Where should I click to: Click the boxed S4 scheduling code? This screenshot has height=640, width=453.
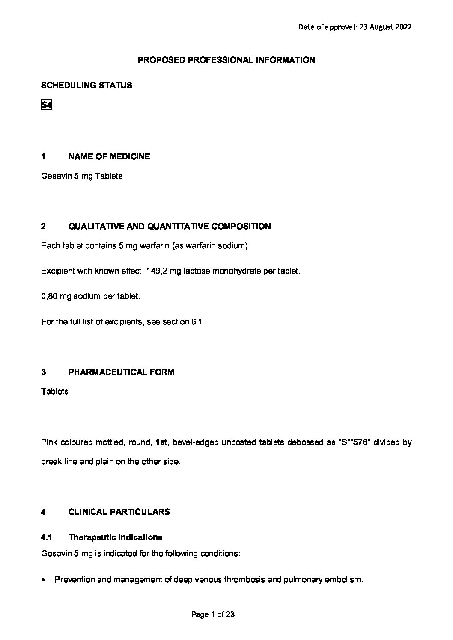[46, 105]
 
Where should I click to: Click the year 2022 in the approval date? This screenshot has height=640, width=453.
[402, 27]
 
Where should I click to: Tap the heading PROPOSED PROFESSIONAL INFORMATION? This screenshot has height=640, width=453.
[226, 60]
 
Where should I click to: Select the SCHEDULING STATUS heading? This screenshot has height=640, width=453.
[86, 85]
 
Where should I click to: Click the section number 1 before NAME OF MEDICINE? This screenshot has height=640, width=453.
[43, 156]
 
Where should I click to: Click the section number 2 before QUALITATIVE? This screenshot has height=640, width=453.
[43, 227]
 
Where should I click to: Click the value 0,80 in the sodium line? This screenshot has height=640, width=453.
[49, 296]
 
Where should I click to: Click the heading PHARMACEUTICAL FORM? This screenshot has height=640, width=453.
[121, 372]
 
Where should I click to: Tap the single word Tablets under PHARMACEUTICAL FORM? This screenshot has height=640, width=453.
[54, 392]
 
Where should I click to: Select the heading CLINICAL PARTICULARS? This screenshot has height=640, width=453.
[119, 512]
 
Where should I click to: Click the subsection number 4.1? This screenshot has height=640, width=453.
[46, 537]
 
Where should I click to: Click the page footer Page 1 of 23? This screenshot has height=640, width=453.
[213, 615]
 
